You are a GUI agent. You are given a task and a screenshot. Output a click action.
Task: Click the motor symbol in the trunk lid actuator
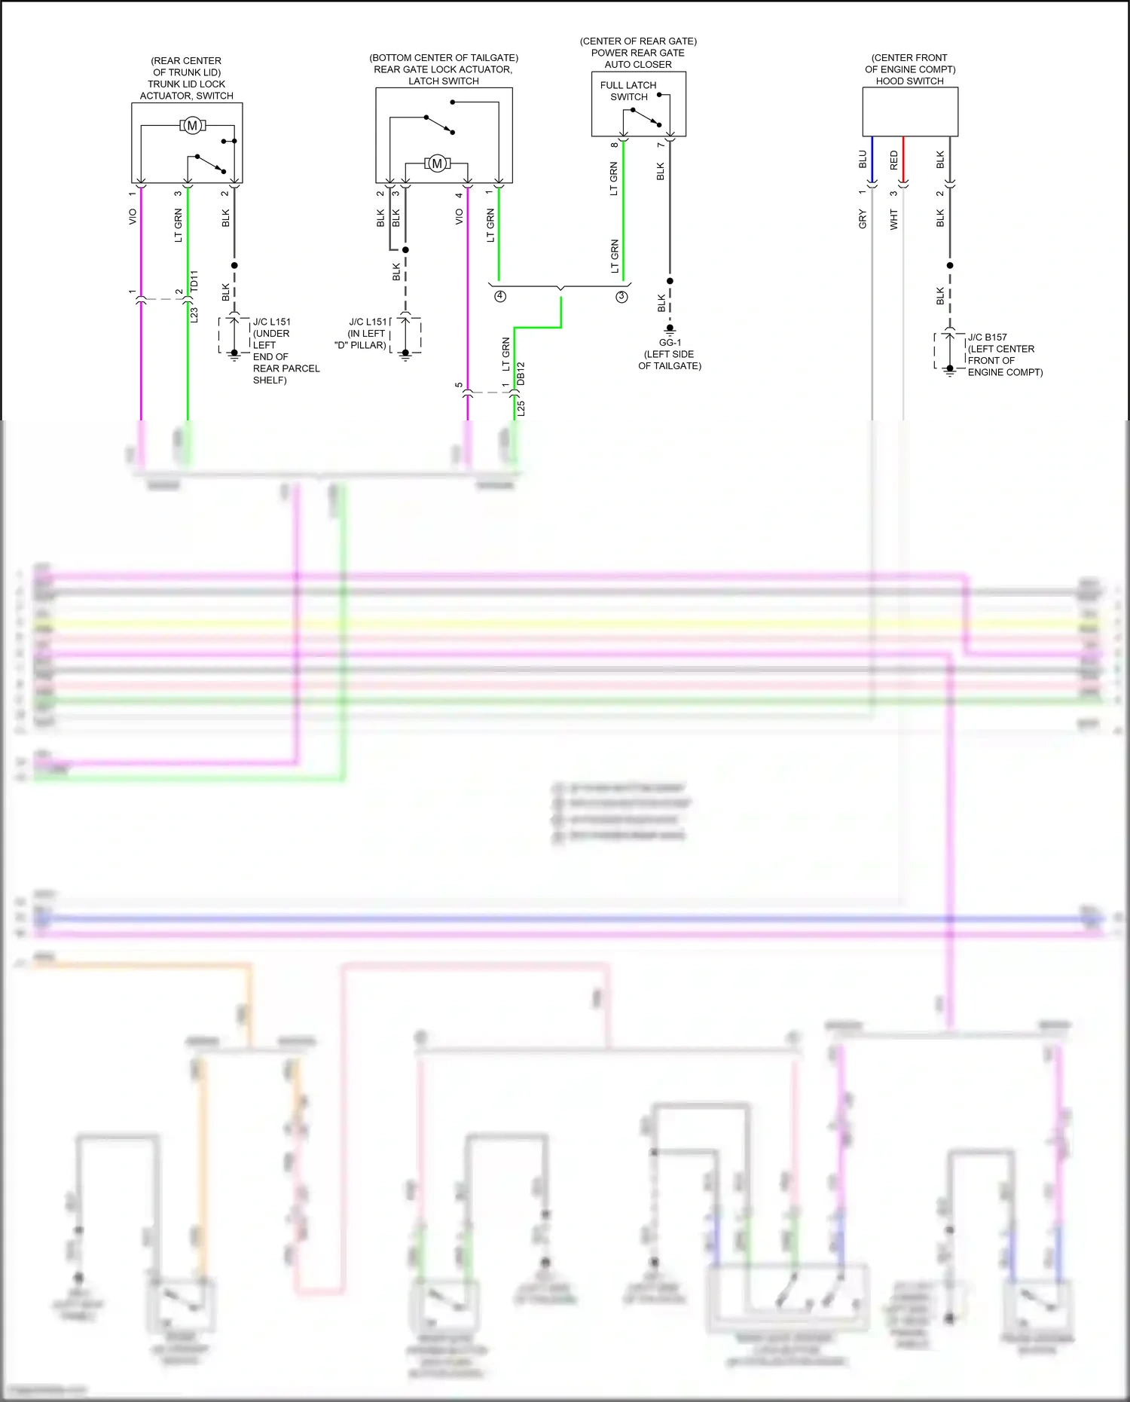(x=192, y=126)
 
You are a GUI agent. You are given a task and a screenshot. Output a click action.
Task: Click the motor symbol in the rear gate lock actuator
(x=437, y=163)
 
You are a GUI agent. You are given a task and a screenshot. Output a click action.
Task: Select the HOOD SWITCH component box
(x=910, y=111)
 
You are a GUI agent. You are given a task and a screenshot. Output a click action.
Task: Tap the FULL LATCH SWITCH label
(x=628, y=91)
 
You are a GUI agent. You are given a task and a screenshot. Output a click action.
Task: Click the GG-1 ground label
(x=670, y=343)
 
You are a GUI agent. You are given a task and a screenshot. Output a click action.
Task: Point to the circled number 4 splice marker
(x=500, y=296)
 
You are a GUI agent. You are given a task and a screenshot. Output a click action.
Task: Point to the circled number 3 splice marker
(x=621, y=297)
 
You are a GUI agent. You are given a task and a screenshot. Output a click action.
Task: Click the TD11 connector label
(x=194, y=282)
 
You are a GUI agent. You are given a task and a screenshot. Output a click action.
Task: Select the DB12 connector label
(x=521, y=374)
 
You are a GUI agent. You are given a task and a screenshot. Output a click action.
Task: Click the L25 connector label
(x=521, y=409)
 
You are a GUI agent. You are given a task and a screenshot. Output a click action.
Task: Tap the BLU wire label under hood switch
(x=863, y=160)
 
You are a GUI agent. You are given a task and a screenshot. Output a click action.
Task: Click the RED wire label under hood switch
(x=894, y=160)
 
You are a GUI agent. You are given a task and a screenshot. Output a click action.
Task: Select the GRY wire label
(x=863, y=219)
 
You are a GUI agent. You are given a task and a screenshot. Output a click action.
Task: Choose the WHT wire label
(x=894, y=219)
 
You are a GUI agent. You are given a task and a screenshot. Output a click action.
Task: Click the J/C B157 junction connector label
(x=987, y=338)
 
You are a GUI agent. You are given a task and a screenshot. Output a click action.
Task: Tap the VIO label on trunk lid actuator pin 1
(x=133, y=217)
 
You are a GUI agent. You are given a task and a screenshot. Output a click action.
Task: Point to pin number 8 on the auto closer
(x=615, y=145)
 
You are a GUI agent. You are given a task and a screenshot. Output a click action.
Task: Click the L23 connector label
(x=194, y=314)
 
